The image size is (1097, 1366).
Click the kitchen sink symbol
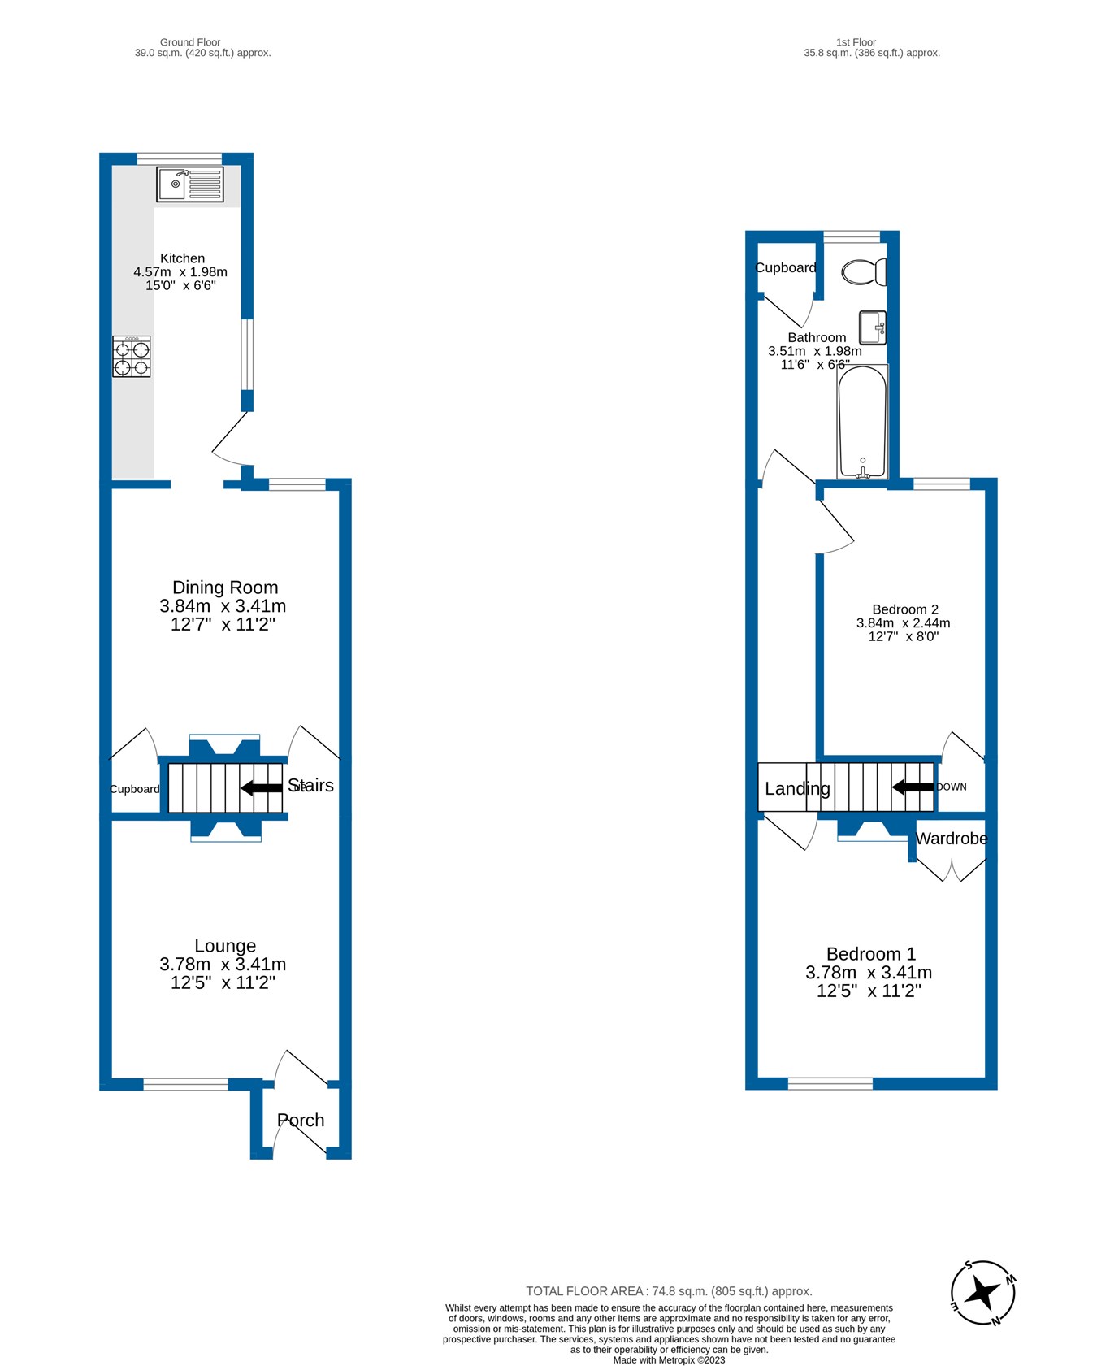click(x=190, y=184)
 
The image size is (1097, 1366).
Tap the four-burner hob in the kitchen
click(x=132, y=357)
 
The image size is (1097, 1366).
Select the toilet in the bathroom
click(x=864, y=271)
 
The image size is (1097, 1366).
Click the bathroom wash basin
click(x=873, y=327)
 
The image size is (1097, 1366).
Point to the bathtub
click(x=862, y=422)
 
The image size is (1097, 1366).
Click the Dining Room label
click(x=225, y=588)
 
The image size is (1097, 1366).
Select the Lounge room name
click(x=225, y=946)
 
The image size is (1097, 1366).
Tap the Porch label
click(x=301, y=1121)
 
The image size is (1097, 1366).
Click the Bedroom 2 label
click(x=905, y=609)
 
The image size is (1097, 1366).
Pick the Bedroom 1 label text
click(x=870, y=954)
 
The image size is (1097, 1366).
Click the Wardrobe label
click(x=952, y=839)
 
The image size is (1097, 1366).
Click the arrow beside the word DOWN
click(x=913, y=787)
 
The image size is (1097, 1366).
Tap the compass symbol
click(x=983, y=1292)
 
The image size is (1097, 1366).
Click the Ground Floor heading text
click(x=190, y=42)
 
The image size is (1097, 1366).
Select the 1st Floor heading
click(x=856, y=42)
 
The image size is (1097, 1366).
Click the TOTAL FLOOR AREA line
click(x=669, y=1291)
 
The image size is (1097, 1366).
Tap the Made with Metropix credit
click(x=669, y=1359)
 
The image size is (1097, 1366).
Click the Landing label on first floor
click(x=797, y=788)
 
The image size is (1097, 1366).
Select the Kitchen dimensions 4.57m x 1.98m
click(x=180, y=272)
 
